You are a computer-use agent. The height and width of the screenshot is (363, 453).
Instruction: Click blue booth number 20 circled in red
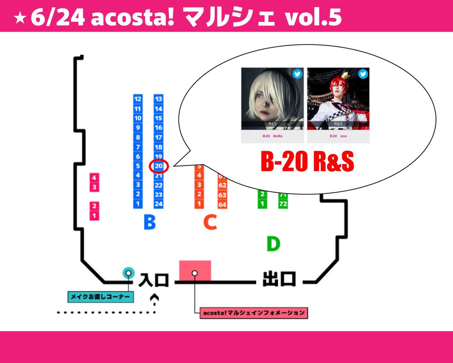(159, 166)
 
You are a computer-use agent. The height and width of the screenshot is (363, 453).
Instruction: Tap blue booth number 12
(138, 99)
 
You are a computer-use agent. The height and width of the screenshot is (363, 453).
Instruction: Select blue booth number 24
(159, 204)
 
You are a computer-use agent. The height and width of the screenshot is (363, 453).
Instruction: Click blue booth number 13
(159, 99)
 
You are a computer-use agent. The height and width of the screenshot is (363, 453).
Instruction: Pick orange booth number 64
(222, 205)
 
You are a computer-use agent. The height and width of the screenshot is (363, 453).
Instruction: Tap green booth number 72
(283, 204)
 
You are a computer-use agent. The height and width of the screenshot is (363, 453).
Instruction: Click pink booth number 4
(94, 178)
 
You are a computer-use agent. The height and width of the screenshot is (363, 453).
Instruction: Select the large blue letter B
(149, 223)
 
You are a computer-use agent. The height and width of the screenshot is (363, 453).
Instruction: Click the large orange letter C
(210, 223)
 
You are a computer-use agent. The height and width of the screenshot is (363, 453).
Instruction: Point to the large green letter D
(273, 244)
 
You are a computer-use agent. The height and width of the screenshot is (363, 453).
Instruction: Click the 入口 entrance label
(153, 280)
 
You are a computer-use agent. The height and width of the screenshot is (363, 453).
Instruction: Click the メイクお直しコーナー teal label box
(101, 297)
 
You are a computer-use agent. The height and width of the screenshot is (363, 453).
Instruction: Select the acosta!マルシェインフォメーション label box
(254, 313)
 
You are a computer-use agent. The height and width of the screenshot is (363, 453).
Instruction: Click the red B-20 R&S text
(307, 162)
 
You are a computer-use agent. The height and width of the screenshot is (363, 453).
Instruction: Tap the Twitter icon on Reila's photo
(297, 74)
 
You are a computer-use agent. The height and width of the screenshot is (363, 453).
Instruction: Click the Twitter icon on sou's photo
(363, 74)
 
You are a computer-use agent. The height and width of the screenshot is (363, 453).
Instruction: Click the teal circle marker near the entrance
(128, 272)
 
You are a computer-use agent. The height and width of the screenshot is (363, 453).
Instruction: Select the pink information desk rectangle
(195, 271)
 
